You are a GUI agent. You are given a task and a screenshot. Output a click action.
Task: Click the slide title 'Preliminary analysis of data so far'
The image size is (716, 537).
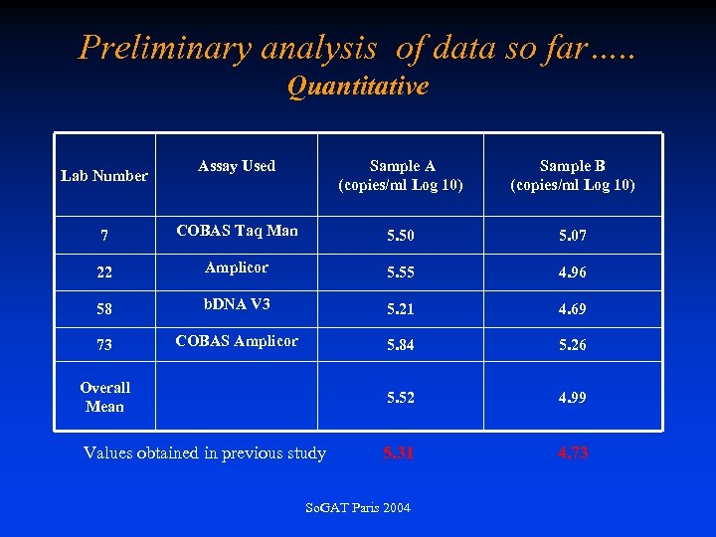coord(357,47)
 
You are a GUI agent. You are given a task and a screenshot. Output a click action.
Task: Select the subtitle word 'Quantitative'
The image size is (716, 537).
coord(358,87)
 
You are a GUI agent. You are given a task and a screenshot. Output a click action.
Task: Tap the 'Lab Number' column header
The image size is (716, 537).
coord(104,176)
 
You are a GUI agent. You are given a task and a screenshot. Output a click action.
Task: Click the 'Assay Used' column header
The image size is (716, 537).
coord(237,166)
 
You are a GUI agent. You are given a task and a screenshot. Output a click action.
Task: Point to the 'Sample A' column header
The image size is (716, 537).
coord(401,175)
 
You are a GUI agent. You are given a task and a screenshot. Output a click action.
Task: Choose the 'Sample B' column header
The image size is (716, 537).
coord(572,175)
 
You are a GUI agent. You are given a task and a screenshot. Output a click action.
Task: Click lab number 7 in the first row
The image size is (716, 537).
coord(104,237)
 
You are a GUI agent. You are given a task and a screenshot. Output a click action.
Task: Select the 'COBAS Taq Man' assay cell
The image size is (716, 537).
coord(237,231)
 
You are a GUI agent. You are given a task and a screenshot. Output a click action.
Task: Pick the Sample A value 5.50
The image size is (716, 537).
coord(401,237)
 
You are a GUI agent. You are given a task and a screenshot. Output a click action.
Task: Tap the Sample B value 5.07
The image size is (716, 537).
coord(572,237)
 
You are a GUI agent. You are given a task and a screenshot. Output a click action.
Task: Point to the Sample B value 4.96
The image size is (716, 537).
coord(572,272)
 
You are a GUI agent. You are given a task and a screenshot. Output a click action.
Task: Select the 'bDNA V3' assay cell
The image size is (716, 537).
coord(237,303)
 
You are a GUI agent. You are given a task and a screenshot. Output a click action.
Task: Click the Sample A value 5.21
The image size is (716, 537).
coord(401,309)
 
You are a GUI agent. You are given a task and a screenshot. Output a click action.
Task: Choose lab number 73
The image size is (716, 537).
coord(104,345)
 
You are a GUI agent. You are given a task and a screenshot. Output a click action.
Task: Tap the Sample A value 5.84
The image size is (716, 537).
coord(401,345)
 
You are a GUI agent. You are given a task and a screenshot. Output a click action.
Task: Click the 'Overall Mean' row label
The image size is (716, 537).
coord(104,397)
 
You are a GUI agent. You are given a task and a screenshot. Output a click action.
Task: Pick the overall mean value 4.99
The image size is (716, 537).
coord(572,398)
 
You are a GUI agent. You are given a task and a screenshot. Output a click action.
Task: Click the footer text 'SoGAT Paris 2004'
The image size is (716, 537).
coord(358,508)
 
